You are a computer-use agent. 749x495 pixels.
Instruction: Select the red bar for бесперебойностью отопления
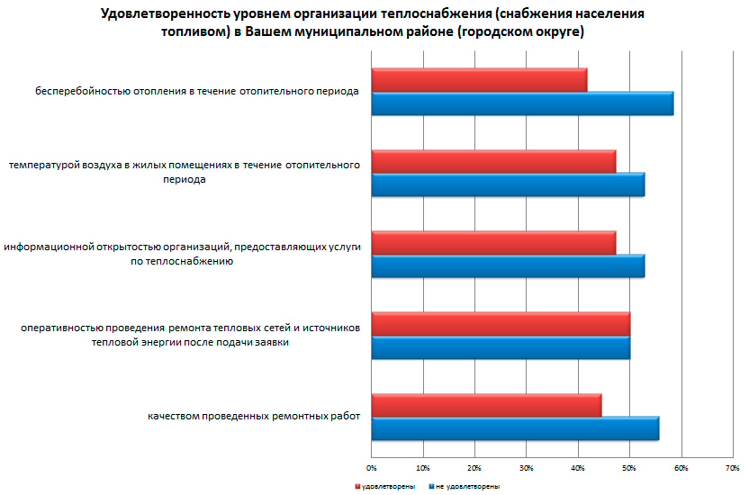479,80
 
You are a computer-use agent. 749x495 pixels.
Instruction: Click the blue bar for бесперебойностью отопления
522,103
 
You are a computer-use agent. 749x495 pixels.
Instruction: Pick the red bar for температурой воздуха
493,161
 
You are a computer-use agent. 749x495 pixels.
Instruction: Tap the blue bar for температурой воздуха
508,184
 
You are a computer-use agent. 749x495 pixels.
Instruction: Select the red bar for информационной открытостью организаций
493,243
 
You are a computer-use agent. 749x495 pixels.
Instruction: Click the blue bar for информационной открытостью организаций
508,266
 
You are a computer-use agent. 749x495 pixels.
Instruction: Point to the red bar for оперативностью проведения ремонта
501,324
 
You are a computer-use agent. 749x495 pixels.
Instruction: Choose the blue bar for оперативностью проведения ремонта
501,347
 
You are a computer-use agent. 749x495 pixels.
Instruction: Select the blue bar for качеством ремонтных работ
515,428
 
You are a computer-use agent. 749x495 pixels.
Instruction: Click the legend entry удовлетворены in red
383,486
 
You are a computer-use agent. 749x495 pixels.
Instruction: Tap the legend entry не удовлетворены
464,486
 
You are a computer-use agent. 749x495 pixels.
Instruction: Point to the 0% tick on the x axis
372,468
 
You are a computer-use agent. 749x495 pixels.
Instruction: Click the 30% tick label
527,468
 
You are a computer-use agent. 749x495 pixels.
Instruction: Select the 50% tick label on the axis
630,468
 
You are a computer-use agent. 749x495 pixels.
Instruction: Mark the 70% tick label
734,468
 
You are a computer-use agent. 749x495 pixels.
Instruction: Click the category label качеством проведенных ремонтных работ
254,417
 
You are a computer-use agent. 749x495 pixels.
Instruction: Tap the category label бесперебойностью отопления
198,91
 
